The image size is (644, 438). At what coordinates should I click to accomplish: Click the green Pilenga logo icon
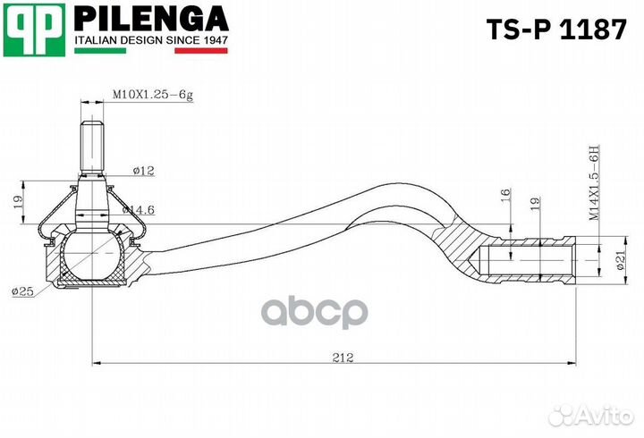pos(34,27)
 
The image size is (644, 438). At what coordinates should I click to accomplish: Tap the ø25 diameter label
pos(22,291)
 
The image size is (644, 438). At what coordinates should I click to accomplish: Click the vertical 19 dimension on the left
pos(19,204)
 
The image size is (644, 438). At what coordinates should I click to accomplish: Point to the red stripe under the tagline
pos(200,52)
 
